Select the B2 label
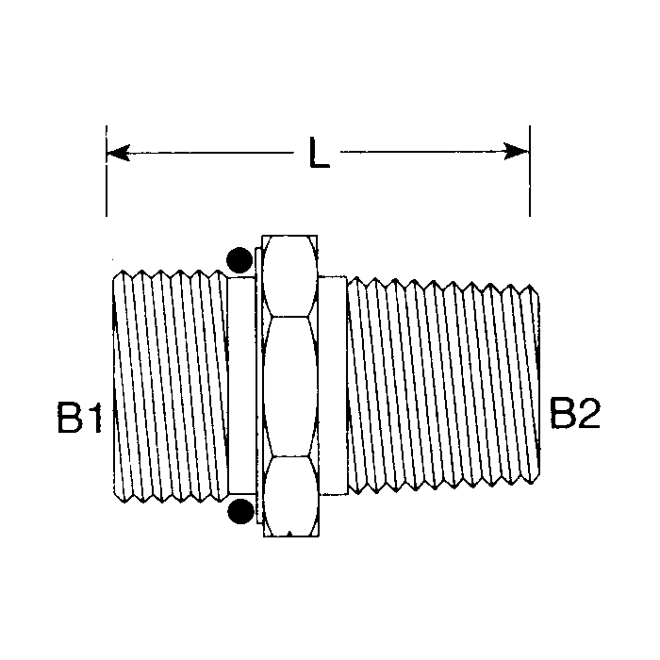pos(575,413)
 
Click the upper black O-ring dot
pos(240,257)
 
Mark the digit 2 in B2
pos(587,413)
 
